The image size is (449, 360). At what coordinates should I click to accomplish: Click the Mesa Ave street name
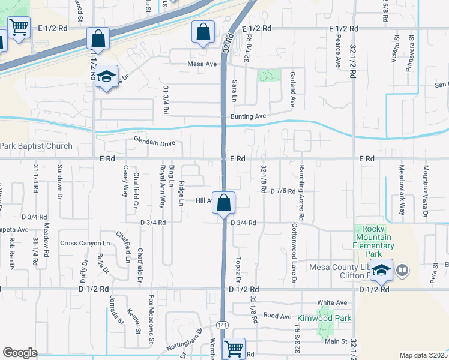pos(202,64)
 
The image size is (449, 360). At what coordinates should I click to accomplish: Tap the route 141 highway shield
pos(223,325)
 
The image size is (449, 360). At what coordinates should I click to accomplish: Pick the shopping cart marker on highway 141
pos(233,347)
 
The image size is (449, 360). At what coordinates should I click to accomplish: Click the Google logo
pos(19,352)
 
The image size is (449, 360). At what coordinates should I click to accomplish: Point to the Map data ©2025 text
pos(423,355)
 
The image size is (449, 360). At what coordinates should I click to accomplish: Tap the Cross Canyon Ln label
pos(85,243)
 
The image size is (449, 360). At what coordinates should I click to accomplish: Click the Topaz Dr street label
pos(238,270)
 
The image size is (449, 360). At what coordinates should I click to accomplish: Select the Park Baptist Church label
pos(36,146)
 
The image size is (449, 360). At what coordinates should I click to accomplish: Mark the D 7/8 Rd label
pos(283,191)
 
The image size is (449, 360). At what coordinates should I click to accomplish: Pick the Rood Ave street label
pos(277,316)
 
